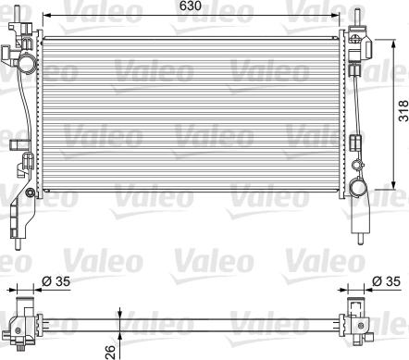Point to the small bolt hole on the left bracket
point(31,192)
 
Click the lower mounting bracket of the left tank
point(15,222)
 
